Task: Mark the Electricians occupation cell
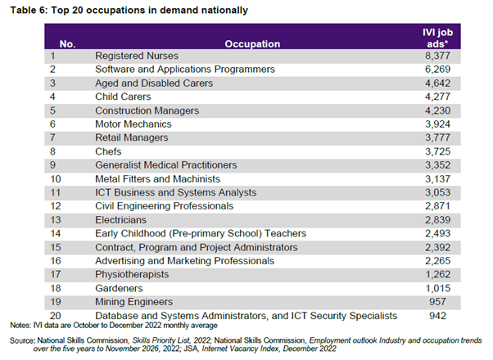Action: point(121,219)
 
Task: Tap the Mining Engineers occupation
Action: point(134,301)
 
